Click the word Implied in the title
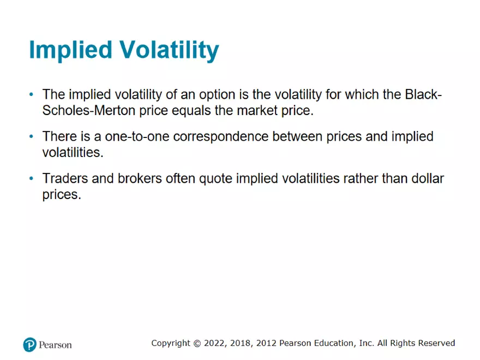(71, 50)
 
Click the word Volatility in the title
(169, 50)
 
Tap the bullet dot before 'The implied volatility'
(31, 94)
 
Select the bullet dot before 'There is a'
(31, 136)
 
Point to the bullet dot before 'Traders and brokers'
(31, 178)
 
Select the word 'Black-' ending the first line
(423, 94)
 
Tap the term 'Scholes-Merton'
(89, 111)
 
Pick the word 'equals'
(191, 111)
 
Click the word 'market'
(257, 111)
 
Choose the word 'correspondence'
(221, 137)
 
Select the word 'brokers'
(140, 178)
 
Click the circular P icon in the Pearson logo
(29, 345)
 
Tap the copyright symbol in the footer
(197, 344)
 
